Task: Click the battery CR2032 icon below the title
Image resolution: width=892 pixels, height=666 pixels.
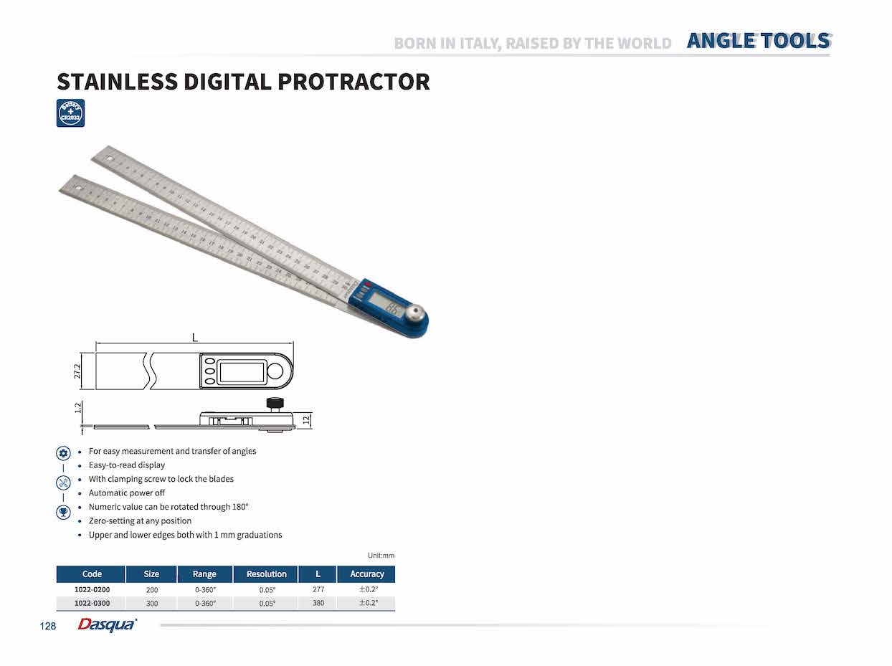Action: (70, 113)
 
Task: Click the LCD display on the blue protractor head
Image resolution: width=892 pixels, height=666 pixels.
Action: (393, 309)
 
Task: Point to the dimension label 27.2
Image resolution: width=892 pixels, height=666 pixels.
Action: (78, 371)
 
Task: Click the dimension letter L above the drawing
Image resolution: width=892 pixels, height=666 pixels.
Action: (194, 337)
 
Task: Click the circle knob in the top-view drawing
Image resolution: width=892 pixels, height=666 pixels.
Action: (275, 371)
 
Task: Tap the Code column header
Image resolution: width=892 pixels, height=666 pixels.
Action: (92, 574)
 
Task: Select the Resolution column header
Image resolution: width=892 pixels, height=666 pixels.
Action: (266, 574)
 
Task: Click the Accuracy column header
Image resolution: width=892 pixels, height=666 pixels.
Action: (366, 574)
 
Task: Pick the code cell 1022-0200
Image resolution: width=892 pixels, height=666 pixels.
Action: (92, 589)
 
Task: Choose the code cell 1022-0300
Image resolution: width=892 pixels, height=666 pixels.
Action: (92, 603)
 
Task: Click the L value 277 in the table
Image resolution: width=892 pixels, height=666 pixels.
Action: (318, 589)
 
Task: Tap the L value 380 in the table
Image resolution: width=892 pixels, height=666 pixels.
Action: (318, 603)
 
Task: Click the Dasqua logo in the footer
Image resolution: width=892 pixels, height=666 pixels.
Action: (107, 625)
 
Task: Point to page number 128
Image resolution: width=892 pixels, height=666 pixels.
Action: (47, 627)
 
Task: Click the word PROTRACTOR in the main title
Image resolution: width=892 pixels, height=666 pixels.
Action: (354, 82)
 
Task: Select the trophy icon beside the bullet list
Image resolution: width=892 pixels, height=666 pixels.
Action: (63, 512)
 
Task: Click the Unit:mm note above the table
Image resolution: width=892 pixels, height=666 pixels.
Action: (381, 556)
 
